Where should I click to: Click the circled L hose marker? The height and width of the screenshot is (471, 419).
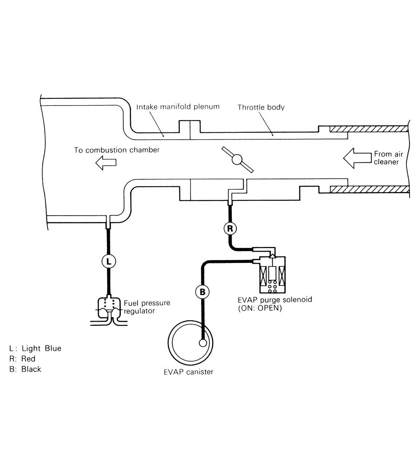click(109, 261)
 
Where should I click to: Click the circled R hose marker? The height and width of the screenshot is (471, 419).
click(230, 228)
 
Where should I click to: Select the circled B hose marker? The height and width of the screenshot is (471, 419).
click(202, 292)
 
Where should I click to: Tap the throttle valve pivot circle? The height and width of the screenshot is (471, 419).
click(237, 159)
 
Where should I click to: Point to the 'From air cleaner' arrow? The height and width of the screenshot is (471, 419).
click(357, 158)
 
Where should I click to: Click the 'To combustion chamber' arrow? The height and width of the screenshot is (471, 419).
click(106, 163)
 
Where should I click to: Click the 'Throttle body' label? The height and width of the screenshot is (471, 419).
click(261, 107)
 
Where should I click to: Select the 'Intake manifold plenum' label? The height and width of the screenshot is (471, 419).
click(178, 107)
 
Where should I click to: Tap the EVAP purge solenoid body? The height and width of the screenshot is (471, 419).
click(272, 275)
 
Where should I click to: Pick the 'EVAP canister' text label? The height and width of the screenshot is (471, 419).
click(188, 372)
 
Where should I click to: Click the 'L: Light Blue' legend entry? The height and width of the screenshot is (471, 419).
click(35, 348)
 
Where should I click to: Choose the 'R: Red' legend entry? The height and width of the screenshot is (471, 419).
click(22, 359)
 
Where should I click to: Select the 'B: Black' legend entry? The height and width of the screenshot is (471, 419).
click(25, 369)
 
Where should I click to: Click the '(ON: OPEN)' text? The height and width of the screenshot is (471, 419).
click(260, 308)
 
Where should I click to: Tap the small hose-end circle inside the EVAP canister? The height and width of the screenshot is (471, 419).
click(203, 343)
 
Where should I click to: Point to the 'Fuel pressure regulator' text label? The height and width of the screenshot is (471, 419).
click(147, 307)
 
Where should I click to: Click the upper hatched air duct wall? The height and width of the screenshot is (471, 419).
click(369, 129)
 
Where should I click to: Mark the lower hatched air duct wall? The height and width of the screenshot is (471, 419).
click(370, 189)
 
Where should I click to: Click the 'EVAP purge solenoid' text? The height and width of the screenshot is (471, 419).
click(275, 300)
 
